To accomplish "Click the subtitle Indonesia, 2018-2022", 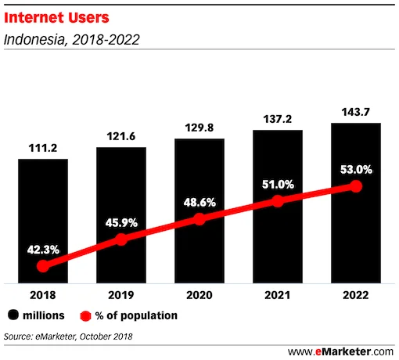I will pyautogui.click(x=72, y=38).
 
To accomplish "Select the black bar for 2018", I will pyautogui.click(x=43, y=219).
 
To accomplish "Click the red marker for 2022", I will pyautogui.click(x=356, y=186).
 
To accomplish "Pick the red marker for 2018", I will pyautogui.click(x=43, y=266).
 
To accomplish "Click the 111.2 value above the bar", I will pyautogui.click(x=43, y=149).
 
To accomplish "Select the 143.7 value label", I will pyautogui.click(x=356, y=112).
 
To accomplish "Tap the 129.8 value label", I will pyautogui.click(x=199, y=128).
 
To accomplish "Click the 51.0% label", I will pyautogui.click(x=278, y=185).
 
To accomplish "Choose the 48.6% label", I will pyautogui.click(x=199, y=201).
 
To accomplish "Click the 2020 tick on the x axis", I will pyautogui.click(x=199, y=295).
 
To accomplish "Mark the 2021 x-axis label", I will pyautogui.click(x=278, y=295).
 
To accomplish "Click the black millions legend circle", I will pyautogui.click(x=13, y=315).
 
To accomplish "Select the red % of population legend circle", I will pyautogui.click(x=85, y=315).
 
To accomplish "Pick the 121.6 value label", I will pyautogui.click(x=121, y=136).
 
